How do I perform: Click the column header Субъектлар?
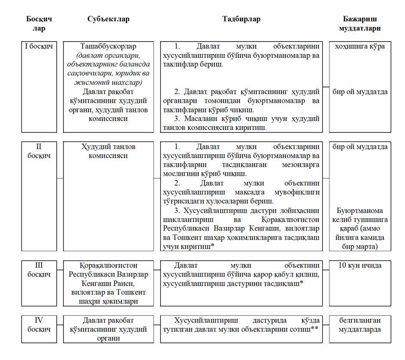[108, 19]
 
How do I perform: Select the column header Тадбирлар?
[241, 19]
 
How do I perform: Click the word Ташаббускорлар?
[108, 46]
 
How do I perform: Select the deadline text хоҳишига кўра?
[360, 46]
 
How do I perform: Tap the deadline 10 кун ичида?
[360, 265]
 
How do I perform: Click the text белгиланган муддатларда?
[360, 324]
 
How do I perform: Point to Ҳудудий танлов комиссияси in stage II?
[108, 151]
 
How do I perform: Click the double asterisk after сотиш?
[314, 328]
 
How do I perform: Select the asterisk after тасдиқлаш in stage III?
[302, 283]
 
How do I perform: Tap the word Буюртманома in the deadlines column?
[360, 211]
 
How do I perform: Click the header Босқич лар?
[39, 24]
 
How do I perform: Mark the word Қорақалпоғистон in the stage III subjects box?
[108, 265]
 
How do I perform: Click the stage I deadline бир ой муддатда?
[360, 92]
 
